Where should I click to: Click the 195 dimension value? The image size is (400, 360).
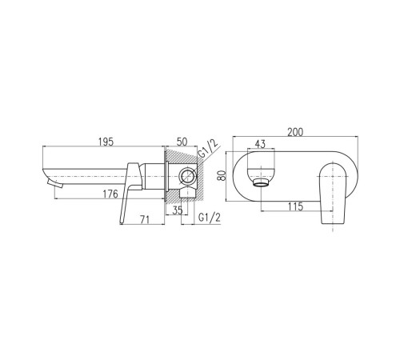point(106,142)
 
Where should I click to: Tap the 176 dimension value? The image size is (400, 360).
point(110,194)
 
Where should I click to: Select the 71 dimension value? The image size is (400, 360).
point(145,219)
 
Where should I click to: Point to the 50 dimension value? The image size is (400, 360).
point(182,142)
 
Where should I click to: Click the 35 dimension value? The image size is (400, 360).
point(178,210)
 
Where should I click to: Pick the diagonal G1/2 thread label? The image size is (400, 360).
point(208,150)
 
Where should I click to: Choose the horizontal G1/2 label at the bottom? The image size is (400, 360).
point(210,218)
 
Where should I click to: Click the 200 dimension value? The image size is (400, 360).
point(295,132)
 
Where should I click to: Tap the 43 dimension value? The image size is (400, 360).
point(260,144)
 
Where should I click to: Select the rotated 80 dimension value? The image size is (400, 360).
point(222,176)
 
